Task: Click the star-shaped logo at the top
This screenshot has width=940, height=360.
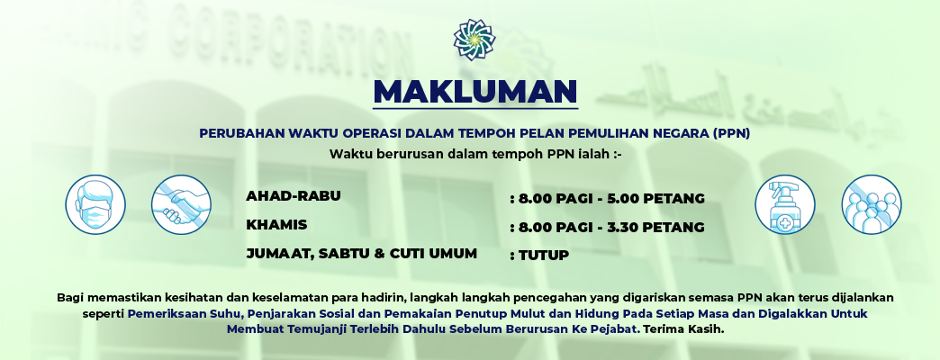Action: pos(474,39)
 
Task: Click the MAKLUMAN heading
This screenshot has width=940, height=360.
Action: pos(475,92)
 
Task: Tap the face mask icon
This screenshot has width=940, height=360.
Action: pos(95,204)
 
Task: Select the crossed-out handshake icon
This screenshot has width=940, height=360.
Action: pos(180,204)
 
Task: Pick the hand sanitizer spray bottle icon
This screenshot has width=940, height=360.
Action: pos(784,204)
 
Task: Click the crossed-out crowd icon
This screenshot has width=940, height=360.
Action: pos(871,204)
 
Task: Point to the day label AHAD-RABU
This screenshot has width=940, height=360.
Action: pos(294,195)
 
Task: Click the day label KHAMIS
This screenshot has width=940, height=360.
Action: pos(276,224)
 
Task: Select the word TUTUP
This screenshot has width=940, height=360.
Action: pos(543,256)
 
